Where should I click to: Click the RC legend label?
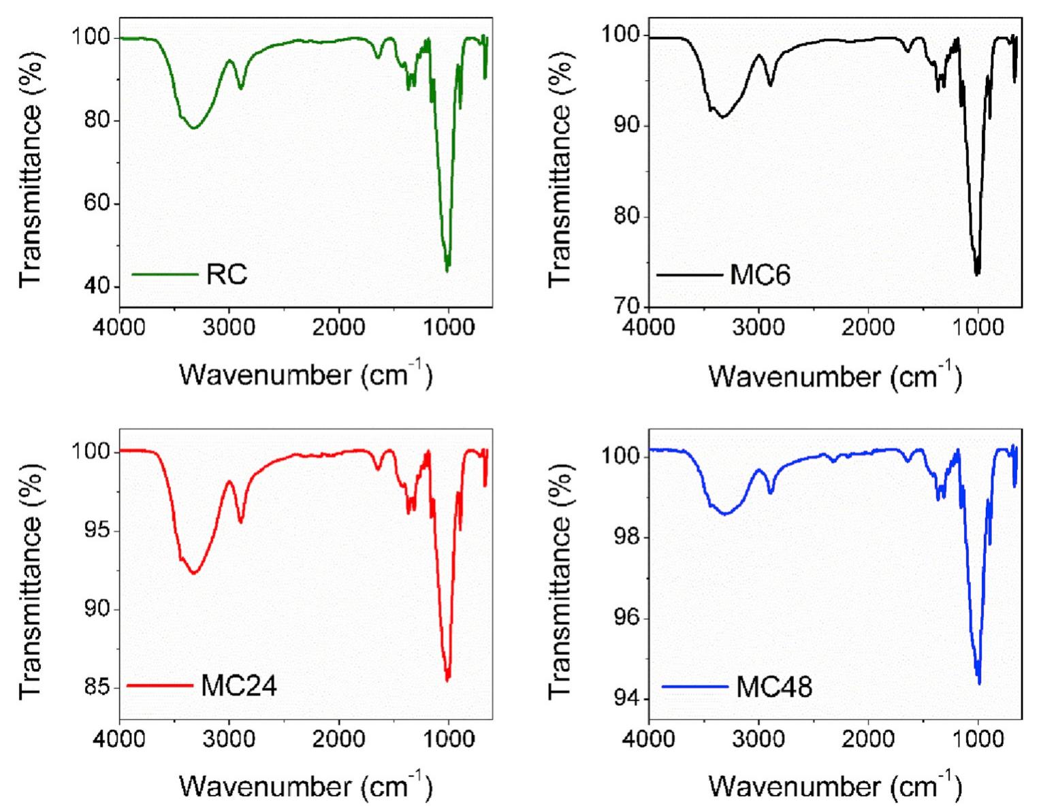(x=227, y=274)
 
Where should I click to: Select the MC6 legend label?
(x=760, y=276)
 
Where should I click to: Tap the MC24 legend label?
(x=239, y=685)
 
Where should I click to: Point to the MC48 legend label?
(x=774, y=687)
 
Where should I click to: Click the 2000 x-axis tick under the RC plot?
(x=338, y=327)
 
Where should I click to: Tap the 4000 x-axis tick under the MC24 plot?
(x=120, y=738)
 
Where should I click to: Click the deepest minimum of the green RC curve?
(x=447, y=271)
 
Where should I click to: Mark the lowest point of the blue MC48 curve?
(x=979, y=683)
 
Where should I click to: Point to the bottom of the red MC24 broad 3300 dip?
(x=195, y=573)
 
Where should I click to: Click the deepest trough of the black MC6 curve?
(x=977, y=274)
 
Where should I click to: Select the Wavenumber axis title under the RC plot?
(x=306, y=374)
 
